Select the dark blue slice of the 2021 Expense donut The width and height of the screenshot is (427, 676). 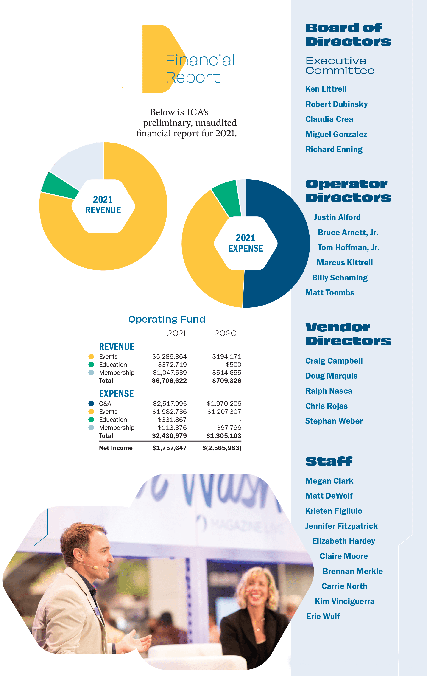(x=283, y=244)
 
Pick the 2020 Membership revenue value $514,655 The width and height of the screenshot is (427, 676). (x=226, y=373)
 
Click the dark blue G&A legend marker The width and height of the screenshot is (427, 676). (x=91, y=404)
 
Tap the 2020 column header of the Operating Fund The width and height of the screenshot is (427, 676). (x=225, y=333)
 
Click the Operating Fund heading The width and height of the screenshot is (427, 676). (x=167, y=319)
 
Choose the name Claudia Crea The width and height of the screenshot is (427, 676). (x=329, y=119)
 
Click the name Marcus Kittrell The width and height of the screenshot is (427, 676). (x=345, y=263)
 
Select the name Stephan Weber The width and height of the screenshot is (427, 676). (x=334, y=421)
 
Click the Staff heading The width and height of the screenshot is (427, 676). (x=329, y=461)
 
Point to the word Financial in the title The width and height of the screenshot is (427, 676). (x=200, y=60)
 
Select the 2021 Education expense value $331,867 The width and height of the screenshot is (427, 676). (x=172, y=420)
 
